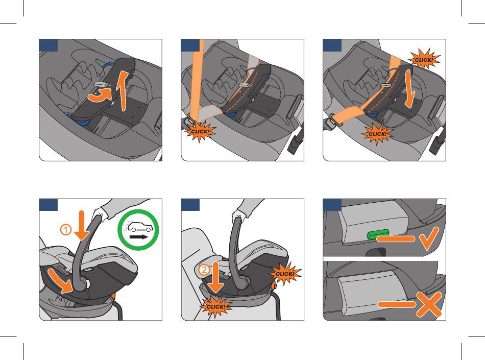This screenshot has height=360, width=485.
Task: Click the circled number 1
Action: (65, 230)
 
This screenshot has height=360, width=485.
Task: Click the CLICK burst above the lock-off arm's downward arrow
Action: (423, 59)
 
